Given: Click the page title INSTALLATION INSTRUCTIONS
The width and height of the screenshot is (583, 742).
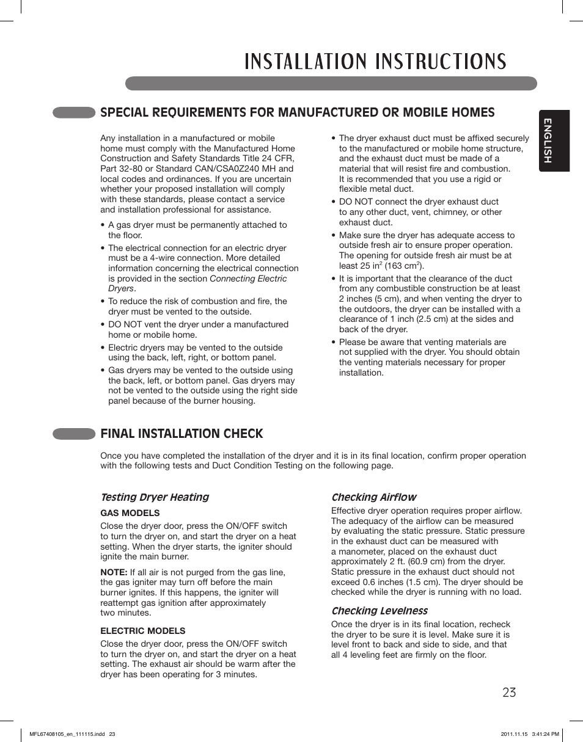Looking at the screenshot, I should click(375, 62).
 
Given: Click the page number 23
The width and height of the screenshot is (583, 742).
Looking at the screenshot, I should click(509, 692).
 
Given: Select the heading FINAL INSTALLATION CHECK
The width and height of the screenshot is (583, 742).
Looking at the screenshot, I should click(182, 434).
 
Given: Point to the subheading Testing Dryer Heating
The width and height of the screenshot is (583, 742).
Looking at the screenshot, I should click(155, 497).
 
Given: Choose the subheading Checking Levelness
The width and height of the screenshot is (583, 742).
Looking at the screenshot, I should click(379, 611).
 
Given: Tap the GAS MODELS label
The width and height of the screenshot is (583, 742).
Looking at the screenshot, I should click(130, 513).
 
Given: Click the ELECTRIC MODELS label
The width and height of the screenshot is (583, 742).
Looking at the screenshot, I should click(142, 631).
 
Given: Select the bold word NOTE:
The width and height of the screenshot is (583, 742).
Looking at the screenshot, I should click(114, 572).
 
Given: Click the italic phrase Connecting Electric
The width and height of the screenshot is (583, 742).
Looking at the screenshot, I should click(248, 278).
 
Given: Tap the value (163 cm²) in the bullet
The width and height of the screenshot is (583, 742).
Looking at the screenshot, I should click(404, 266).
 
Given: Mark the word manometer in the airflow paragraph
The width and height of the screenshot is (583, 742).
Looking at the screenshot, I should click(367, 551).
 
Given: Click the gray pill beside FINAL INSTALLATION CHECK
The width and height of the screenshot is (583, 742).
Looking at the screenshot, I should click(74, 434).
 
